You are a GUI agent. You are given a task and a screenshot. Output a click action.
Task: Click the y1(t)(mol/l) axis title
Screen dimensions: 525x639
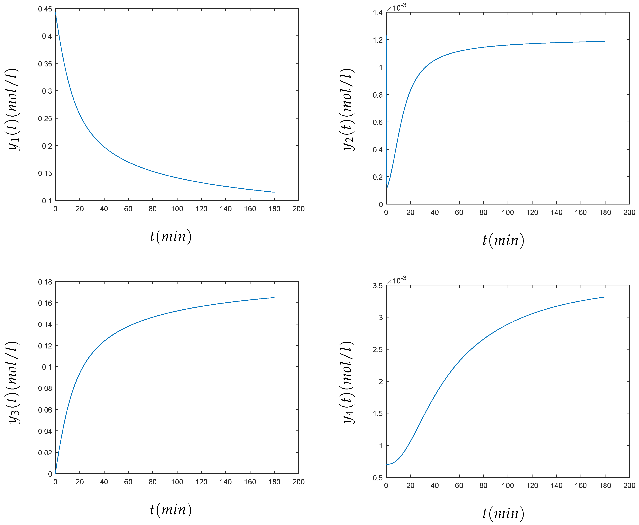pos(13,109)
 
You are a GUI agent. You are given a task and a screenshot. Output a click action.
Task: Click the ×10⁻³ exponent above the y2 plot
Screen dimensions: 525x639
pos(396,7)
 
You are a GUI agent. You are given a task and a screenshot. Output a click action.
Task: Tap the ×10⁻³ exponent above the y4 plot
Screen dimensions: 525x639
pos(396,280)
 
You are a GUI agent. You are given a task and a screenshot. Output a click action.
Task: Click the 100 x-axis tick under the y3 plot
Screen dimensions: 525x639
pos(177,482)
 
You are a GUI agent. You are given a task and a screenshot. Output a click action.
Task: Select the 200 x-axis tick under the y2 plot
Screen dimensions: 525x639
pos(629,213)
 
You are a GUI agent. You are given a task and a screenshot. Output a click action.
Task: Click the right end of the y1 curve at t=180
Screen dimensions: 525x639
pos(274,192)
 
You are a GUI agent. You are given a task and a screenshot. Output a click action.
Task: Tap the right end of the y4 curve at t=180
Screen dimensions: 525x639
pos(605,297)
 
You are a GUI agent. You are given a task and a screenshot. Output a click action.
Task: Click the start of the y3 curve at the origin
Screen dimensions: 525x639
pos(56,473)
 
